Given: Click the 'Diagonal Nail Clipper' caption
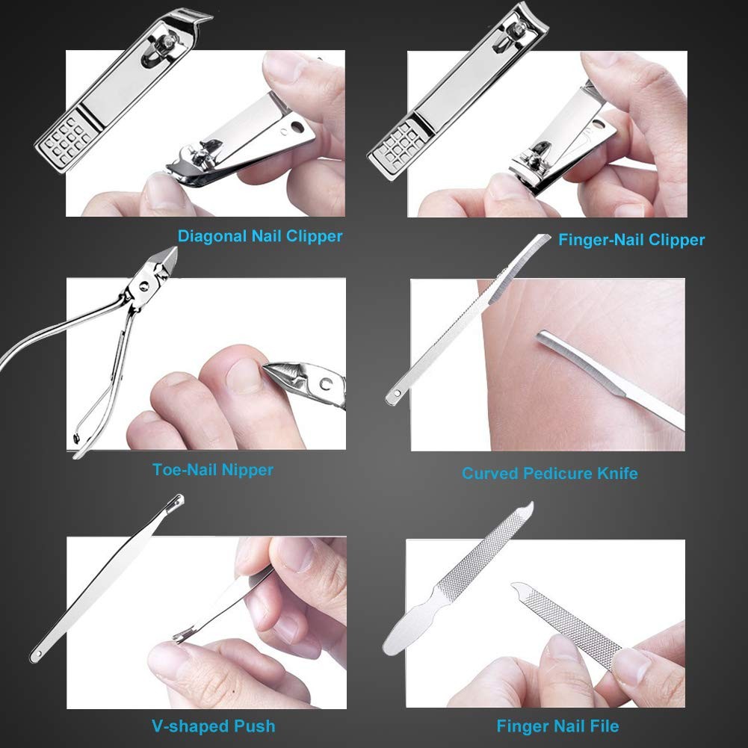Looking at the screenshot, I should click(x=260, y=236).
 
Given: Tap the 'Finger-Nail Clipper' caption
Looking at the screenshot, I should click(x=631, y=240).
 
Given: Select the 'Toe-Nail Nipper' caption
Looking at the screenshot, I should click(x=213, y=470).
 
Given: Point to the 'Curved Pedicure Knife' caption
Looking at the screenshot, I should click(x=549, y=473).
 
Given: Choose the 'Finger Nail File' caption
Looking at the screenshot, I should click(x=557, y=726).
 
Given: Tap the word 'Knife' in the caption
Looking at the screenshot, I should click(x=616, y=473).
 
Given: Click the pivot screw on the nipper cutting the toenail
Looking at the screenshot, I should click(x=324, y=386).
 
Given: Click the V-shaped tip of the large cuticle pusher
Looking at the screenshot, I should click(x=176, y=499).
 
